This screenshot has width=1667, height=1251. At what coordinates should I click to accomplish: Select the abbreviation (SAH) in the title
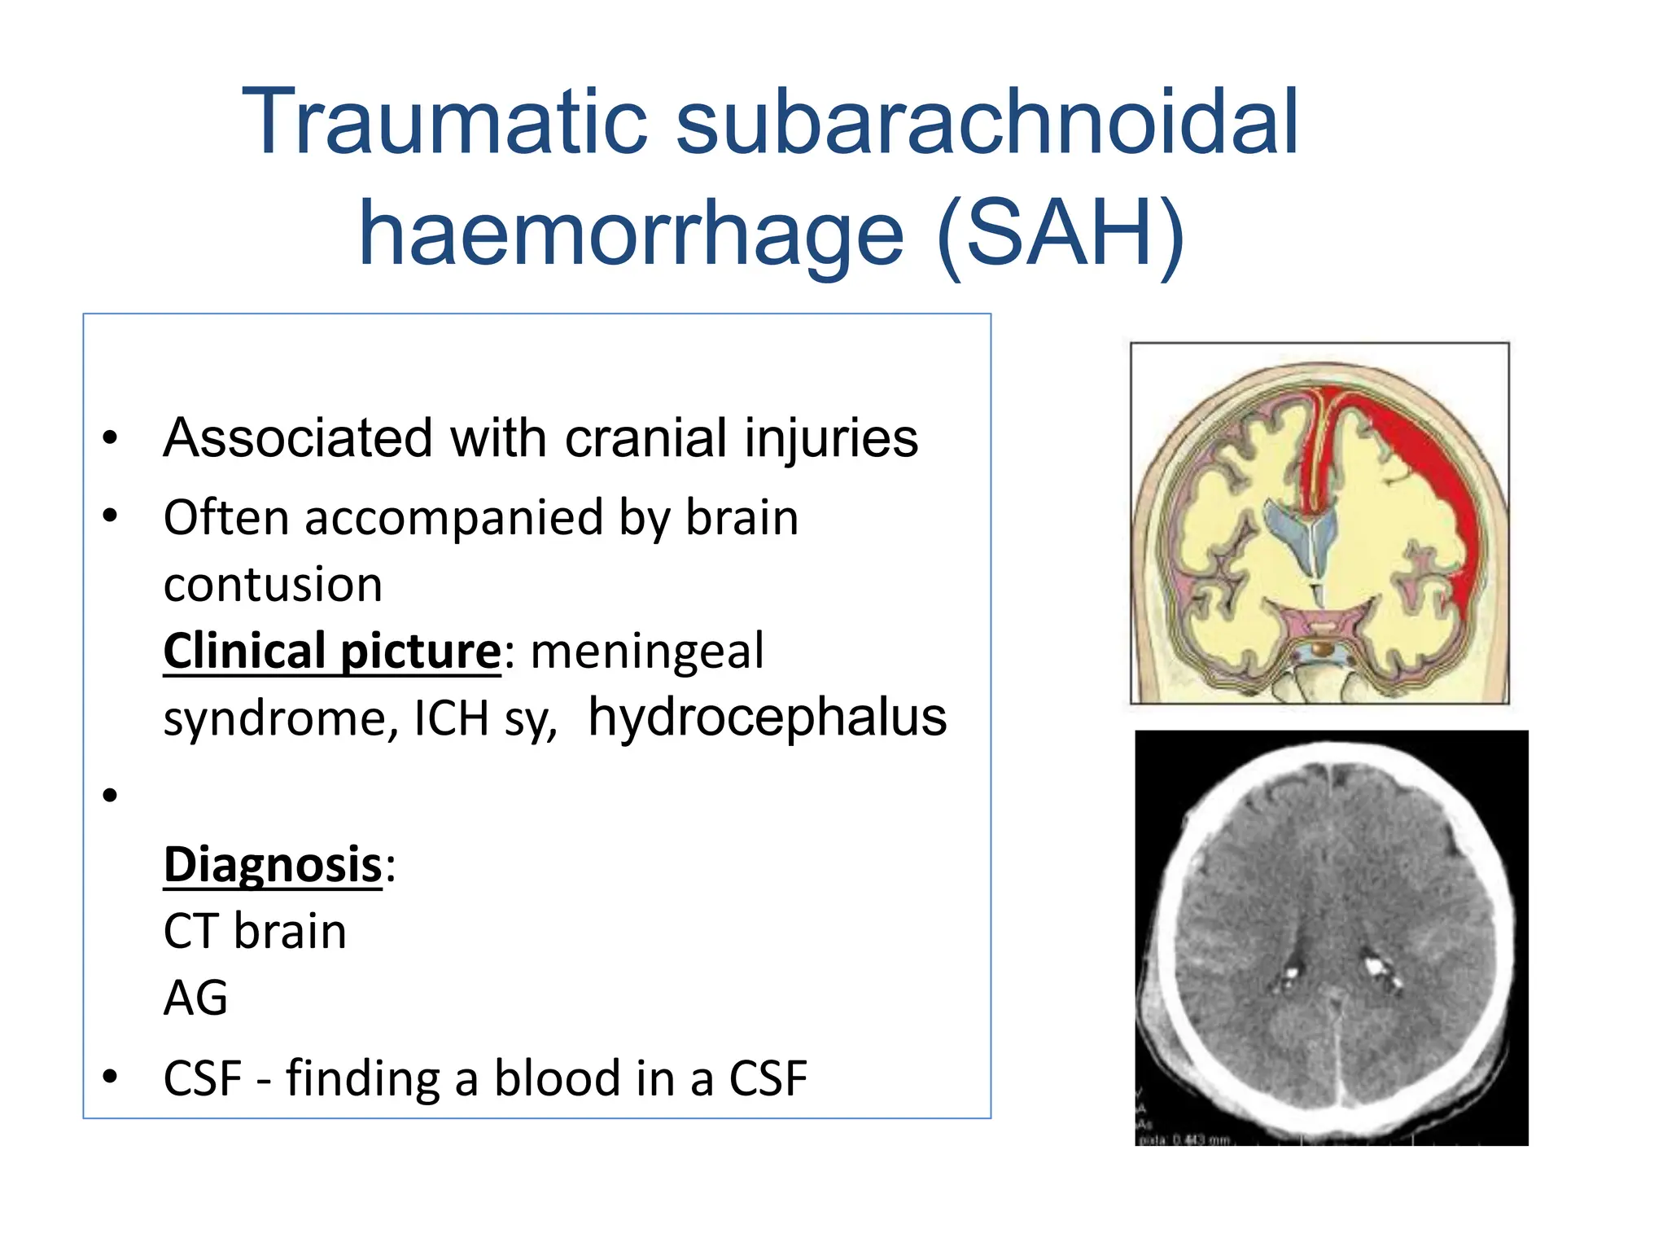pyautogui.click(x=1060, y=235)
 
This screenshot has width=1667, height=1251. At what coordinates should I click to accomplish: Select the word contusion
pyautogui.click(x=273, y=585)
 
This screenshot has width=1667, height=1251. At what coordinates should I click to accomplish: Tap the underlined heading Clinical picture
pyautogui.click(x=332, y=652)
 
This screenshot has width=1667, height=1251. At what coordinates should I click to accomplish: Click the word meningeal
pyautogui.click(x=647, y=652)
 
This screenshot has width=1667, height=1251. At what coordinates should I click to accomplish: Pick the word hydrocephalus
pyautogui.click(x=767, y=718)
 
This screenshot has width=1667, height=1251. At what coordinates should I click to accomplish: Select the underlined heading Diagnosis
pyautogui.click(x=273, y=865)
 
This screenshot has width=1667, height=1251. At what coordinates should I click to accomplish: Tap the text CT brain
pyautogui.click(x=255, y=932)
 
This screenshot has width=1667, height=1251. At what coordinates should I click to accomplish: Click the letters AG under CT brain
pyautogui.click(x=195, y=999)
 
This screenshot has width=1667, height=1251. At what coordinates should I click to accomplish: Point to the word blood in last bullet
pyautogui.click(x=558, y=1078)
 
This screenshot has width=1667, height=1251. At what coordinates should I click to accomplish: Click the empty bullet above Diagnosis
pyautogui.click(x=111, y=795)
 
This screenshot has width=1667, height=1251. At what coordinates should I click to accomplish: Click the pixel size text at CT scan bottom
pyautogui.click(x=1184, y=1140)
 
